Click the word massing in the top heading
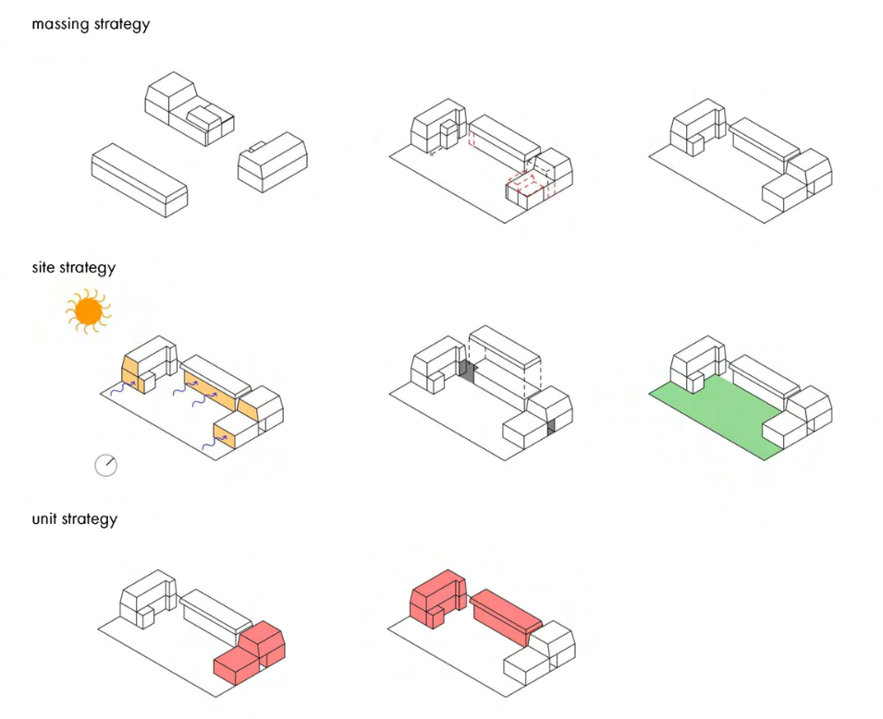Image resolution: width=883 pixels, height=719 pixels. click(60, 24)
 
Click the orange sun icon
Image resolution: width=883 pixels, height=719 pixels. click(88, 311)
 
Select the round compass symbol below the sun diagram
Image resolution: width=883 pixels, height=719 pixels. click(106, 465)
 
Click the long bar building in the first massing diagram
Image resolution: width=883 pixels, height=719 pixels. click(139, 178)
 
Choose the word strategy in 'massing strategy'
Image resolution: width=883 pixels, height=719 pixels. click(120, 24)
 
